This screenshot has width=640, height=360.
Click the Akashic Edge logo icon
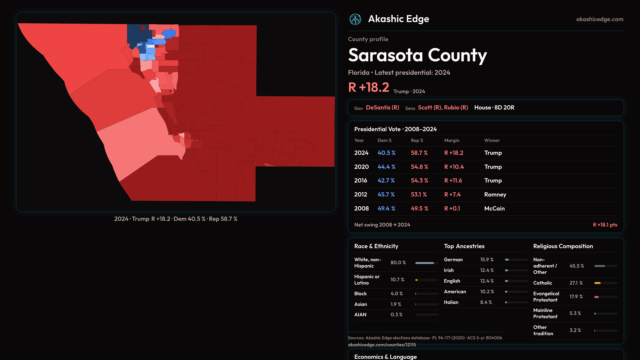355,19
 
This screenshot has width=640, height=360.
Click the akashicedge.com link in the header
600,19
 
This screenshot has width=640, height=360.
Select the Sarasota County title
417,55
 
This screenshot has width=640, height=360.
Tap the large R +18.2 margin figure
368,87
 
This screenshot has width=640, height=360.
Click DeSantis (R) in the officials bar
382,108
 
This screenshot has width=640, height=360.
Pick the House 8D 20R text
494,108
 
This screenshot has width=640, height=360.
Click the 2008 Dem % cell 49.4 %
386,208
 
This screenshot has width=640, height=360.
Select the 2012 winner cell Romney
495,194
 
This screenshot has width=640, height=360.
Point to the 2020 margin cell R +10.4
454,167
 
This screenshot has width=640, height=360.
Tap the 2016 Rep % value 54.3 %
419,180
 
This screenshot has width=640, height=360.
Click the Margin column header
452,140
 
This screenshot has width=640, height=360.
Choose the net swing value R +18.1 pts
605,225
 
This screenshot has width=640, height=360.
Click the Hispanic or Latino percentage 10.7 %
397,280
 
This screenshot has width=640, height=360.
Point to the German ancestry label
453,260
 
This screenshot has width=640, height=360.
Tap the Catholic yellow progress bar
598,283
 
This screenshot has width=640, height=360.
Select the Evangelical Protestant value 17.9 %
576,297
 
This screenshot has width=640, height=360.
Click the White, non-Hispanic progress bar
425,263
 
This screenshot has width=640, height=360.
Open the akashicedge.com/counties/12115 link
382,345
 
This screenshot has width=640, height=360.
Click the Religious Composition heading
563,246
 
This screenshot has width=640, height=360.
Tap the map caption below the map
176,219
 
